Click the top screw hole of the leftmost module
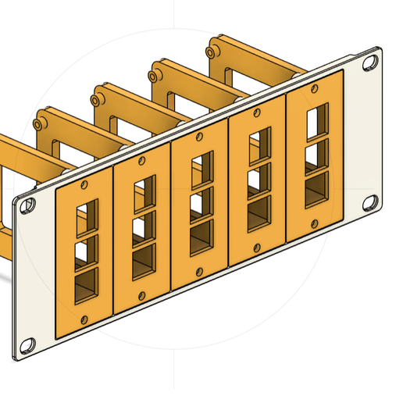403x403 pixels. (x=84, y=184)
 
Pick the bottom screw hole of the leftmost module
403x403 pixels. (x=84, y=319)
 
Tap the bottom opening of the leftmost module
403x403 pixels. (x=87, y=285)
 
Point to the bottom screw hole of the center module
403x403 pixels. (x=199, y=272)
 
